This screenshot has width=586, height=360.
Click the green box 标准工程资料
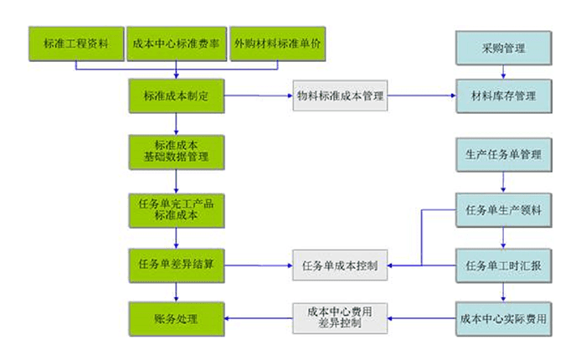[75, 44]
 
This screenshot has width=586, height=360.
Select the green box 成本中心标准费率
[176, 44]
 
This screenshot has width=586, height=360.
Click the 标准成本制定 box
[176, 96]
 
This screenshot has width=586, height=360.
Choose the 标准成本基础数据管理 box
[176, 151]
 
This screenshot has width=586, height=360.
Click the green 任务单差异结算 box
[176, 265]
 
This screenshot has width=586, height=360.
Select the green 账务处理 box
[176, 318]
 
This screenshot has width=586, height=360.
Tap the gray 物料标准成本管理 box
[340, 96]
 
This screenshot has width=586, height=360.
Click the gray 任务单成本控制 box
[340, 265]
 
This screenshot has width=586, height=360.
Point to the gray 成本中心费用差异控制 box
[340, 318]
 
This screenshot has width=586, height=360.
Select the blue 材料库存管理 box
[503, 96]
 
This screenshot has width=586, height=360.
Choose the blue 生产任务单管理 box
[503, 155]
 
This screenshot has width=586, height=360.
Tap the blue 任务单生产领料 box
[503, 210]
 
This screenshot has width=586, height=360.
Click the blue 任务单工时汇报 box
[503, 265]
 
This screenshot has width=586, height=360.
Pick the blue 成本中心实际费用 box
[503, 319]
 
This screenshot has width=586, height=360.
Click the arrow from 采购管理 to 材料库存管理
[503, 72]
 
